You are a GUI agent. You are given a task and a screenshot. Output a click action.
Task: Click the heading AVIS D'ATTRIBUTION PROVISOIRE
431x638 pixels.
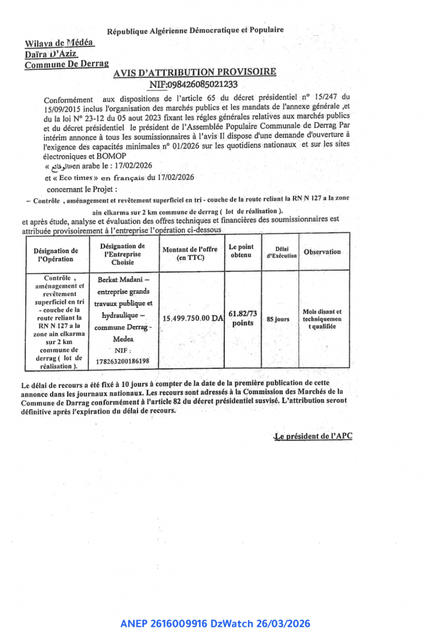194,72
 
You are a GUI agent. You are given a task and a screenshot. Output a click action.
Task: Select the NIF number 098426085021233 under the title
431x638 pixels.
194,85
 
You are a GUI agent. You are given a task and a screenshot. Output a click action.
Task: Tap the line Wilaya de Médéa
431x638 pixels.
59,43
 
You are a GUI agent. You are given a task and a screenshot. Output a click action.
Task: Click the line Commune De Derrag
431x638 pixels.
66,64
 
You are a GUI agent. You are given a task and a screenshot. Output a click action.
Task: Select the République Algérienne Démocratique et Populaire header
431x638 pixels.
195,30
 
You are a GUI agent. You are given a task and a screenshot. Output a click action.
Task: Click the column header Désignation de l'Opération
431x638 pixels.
56,255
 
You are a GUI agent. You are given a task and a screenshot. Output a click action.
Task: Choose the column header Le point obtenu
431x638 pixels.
241,251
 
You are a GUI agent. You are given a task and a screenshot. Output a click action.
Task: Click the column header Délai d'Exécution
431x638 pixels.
281,252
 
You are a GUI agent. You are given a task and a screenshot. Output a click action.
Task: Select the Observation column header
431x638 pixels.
322,252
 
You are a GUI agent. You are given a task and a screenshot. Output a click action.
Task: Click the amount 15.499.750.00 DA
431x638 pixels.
192,318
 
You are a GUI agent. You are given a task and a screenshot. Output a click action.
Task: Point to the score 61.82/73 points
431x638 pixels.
243,318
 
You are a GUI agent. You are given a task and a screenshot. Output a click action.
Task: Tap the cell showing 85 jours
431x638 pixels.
278,319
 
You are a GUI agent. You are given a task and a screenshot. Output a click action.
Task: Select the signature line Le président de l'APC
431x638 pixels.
313,436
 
